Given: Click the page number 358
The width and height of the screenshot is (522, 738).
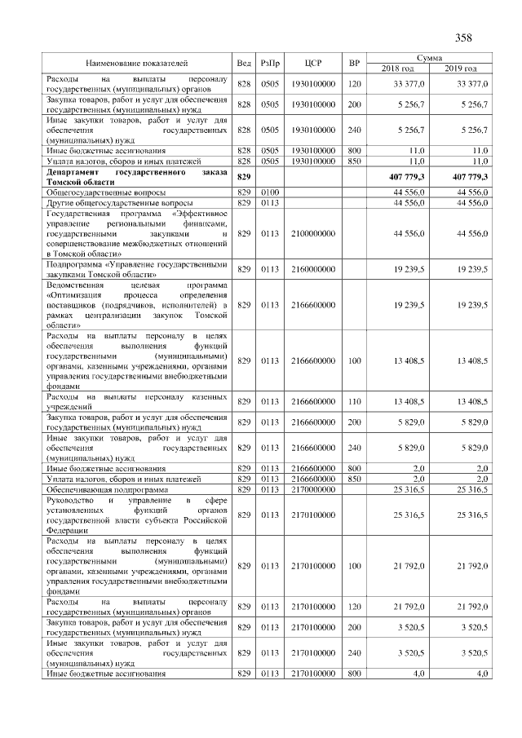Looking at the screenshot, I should [462, 37].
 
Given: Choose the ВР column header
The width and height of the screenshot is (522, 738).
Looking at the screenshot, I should [354, 63].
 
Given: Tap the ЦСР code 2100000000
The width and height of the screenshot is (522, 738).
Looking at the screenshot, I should [314, 233].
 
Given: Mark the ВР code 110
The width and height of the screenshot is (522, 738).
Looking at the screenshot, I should [354, 401].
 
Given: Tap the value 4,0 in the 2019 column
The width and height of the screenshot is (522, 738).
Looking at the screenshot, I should [481, 674].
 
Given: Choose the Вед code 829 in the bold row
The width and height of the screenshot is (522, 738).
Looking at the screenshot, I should [243, 177].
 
